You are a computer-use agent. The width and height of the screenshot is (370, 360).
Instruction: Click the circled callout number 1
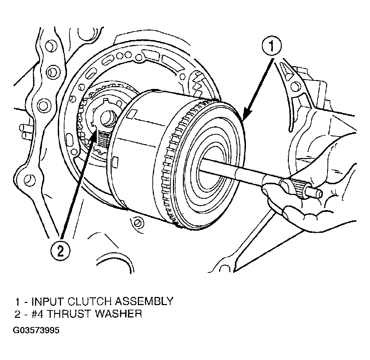(272, 46)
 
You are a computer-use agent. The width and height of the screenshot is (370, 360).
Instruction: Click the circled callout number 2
(60, 251)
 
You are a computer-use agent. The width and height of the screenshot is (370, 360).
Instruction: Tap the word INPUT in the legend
(48, 302)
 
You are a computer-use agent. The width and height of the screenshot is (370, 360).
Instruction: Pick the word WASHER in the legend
(118, 314)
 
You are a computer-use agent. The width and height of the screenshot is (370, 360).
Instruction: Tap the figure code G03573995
(36, 330)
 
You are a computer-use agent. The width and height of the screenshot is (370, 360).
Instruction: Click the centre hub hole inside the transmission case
(108, 119)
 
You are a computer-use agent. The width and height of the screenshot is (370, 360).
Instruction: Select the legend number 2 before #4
(18, 314)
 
